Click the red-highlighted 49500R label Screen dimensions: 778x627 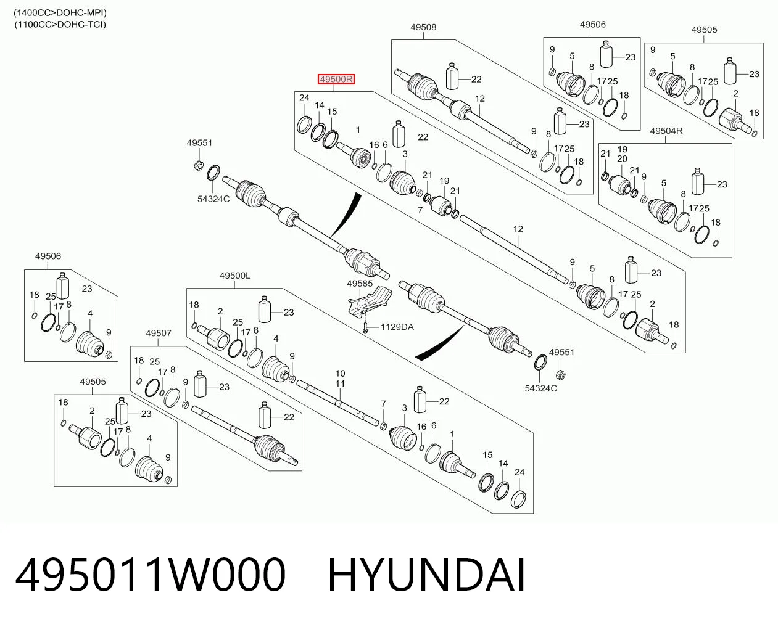pyautogui.click(x=336, y=79)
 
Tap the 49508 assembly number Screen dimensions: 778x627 pyautogui.click(x=423, y=27)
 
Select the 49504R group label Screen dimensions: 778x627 pyautogui.click(x=666, y=131)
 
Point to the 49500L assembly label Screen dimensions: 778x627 pyautogui.click(x=235, y=276)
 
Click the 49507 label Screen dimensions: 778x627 pyautogui.click(x=159, y=333)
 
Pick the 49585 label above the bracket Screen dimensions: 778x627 pyautogui.click(x=360, y=284)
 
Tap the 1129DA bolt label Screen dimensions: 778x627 pyautogui.click(x=397, y=327)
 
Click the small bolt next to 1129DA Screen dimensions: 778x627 pyautogui.click(x=365, y=328)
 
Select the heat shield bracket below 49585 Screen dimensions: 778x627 pyautogui.click(x=370, y=303)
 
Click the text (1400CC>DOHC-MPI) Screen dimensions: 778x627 pyautogui.click(x=60, y=13)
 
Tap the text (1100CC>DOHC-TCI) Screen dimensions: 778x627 pyautogui.click(x=60, y=25)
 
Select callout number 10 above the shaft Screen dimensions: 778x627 pyautogui.click(x=340, y=374)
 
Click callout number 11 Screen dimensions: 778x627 pyautogui.click(x=340, y=383)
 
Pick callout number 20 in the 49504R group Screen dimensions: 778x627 pyautogui.click(x=622, y=159)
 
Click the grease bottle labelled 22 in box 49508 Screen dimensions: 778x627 pyautogui.click(x=452, y=76)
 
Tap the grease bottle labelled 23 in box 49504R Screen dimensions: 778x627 pyautogui.click(x=698, y=181)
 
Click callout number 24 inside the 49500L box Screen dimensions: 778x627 pyautogui.click(x=519, y=472)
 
